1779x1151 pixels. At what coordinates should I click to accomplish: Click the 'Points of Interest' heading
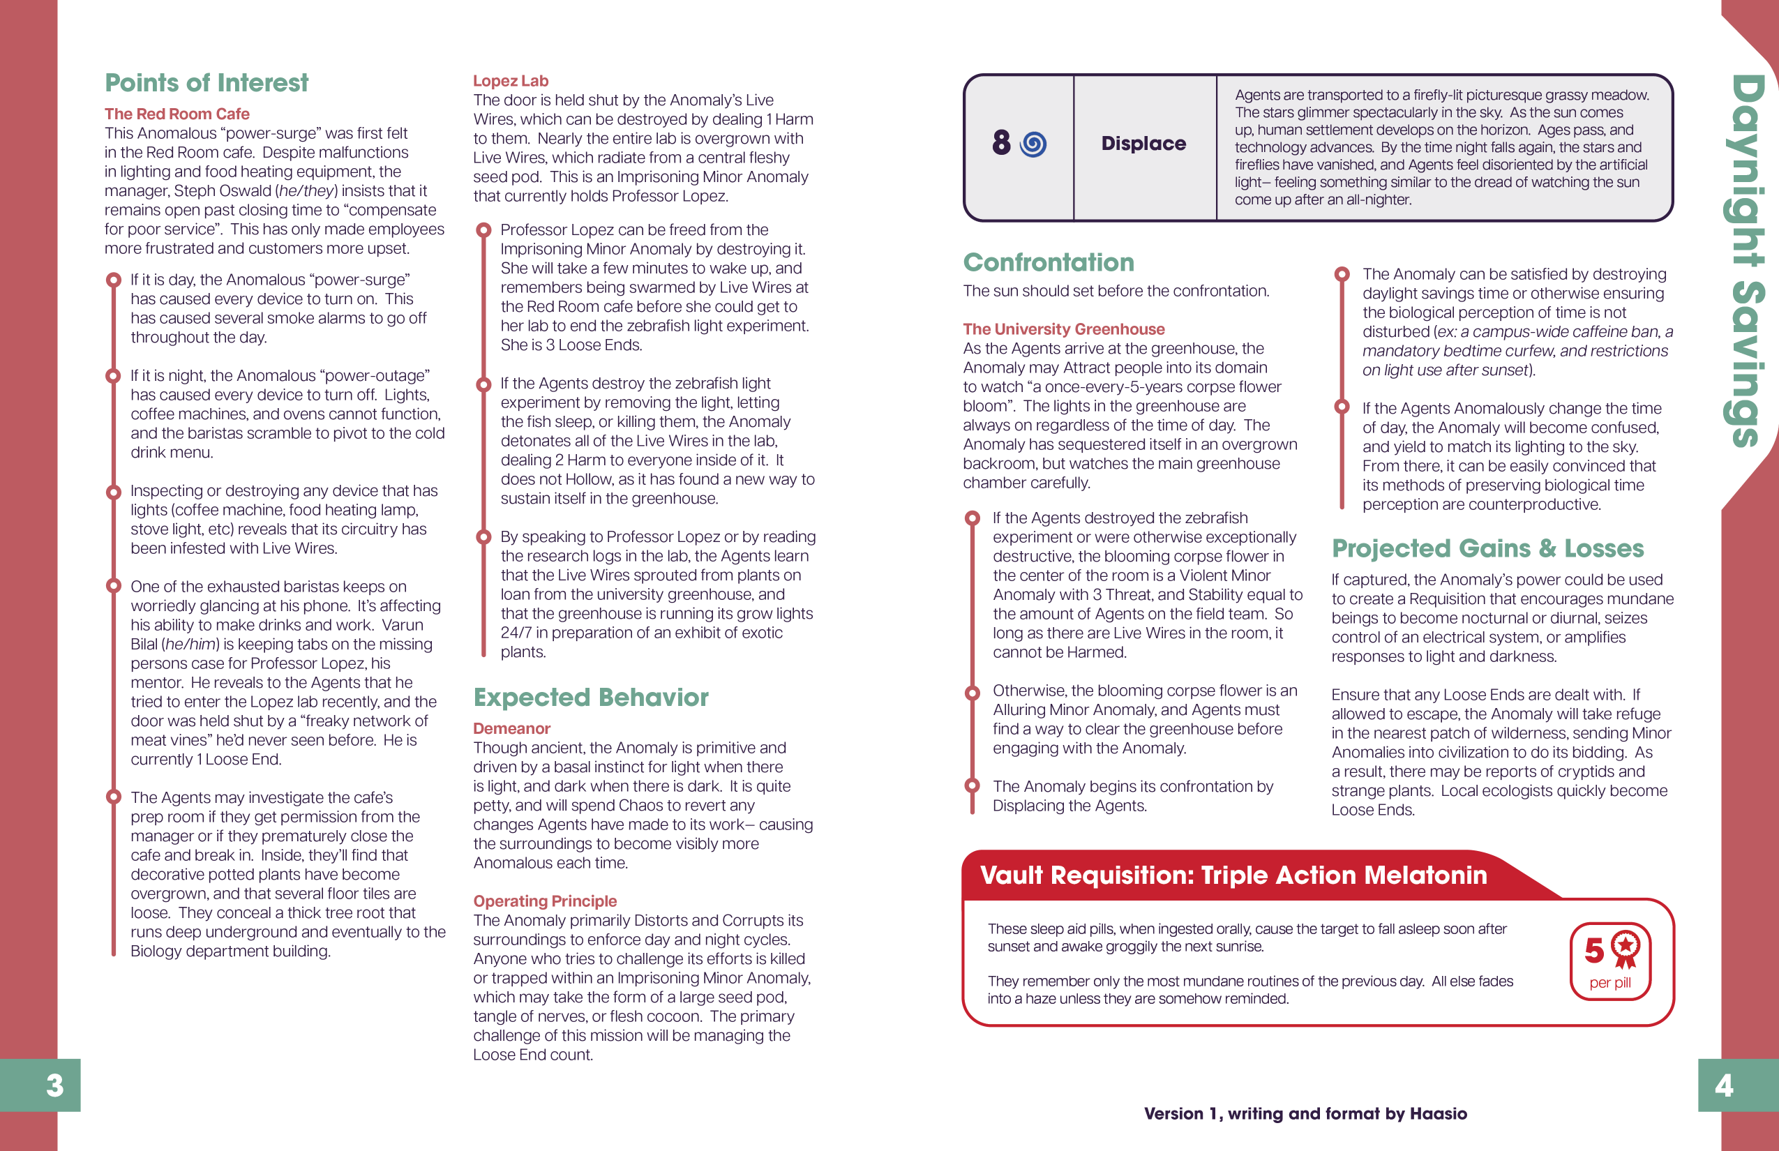[x=207, y=82]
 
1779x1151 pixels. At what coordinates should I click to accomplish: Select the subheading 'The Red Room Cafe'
[x=177, y=114]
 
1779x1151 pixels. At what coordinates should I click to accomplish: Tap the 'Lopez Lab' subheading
[x=511, y=81]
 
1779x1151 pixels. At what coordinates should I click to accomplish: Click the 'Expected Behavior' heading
[x=590, y=697]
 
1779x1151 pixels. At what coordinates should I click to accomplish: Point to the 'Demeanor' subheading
[x=511, y=728]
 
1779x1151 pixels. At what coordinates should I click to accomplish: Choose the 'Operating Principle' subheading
[x=545, y=901]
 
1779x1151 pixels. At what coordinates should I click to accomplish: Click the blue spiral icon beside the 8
[x=1033, y=144]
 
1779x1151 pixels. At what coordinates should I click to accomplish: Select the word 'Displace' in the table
[x=1143, y=144]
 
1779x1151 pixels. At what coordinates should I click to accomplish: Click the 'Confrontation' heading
[x=1049, y=262]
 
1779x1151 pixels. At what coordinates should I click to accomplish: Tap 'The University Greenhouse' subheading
[x=1064, y=329]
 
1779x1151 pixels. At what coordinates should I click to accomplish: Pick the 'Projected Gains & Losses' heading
[x=1487, y=548]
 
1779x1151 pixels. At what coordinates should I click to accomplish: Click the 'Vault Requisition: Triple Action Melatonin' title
[x=1233, y=875]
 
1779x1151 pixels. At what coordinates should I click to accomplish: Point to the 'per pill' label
[x=1610, y=983]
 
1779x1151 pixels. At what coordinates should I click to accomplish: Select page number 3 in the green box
[x=54, y=1085]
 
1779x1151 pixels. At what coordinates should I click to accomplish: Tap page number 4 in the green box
[x=1724, y=1085]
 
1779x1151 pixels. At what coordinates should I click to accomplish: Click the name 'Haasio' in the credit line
[x=1438, y=1113]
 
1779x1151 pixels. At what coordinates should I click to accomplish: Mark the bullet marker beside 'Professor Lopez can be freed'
[x=483, y=230]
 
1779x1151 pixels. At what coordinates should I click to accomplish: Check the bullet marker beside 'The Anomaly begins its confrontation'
[x=973, y=785]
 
